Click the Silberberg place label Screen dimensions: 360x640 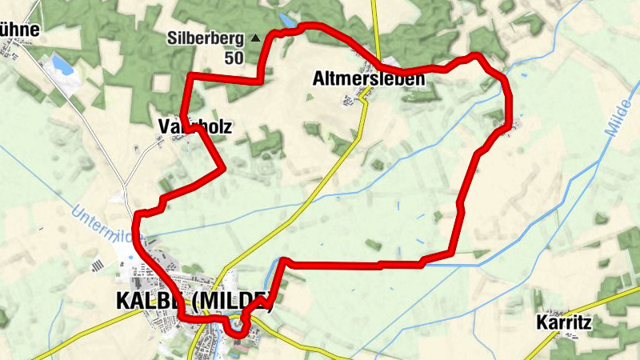point(206,38)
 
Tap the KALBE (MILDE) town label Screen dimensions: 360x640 point(194,302)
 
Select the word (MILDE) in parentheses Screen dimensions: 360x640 point(232,302)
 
